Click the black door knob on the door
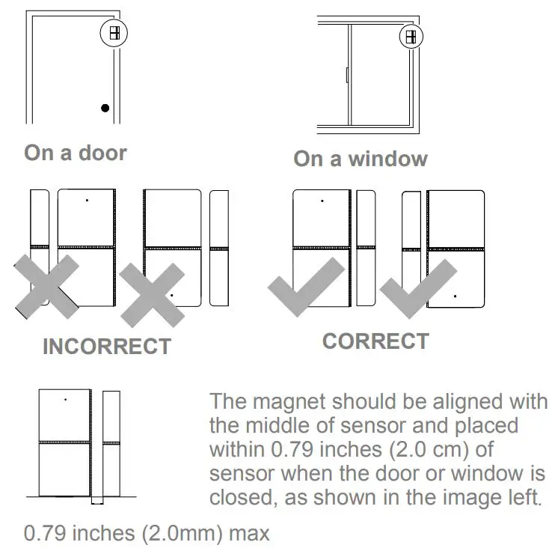[x=105, y=108]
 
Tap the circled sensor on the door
[x=114, y=33]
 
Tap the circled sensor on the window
[x=411, y=36]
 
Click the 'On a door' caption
[x=76, y=153]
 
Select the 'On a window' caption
[x=360, y=159]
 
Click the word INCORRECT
[x=106, y=347]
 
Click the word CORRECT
[x=375, y=341]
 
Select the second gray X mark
[x=153, y=294]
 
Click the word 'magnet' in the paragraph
[x=292, y=401]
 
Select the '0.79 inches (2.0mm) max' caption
[x=147, y=534]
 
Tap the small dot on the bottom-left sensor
[x=65, y=400]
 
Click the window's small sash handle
[x=349, y=75]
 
